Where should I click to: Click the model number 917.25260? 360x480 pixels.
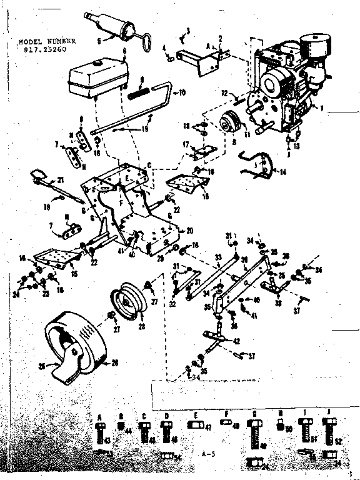[47, 49]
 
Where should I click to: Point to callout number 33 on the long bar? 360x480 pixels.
[217, 256]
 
